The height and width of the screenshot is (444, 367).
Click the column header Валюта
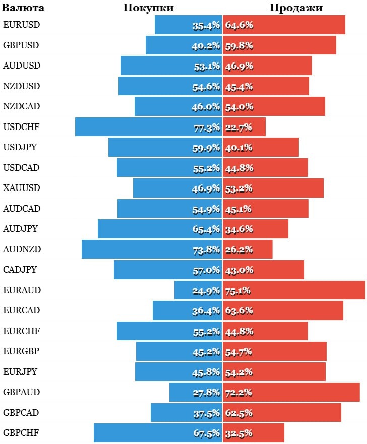23,8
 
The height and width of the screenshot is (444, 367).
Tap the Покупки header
148,8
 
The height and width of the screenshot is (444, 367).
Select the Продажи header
296,8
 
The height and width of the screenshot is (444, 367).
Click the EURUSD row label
22,24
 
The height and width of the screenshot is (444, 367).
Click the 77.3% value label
207,128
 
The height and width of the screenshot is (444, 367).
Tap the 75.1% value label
238,291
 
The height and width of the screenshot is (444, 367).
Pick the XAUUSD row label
21,187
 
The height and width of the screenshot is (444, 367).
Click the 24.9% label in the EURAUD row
206,291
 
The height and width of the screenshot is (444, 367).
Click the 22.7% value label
238,128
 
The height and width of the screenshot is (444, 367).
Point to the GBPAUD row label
21,392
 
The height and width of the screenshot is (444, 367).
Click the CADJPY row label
20,269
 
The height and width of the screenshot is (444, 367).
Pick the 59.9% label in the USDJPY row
207,148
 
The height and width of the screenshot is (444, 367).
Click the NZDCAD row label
21,106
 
